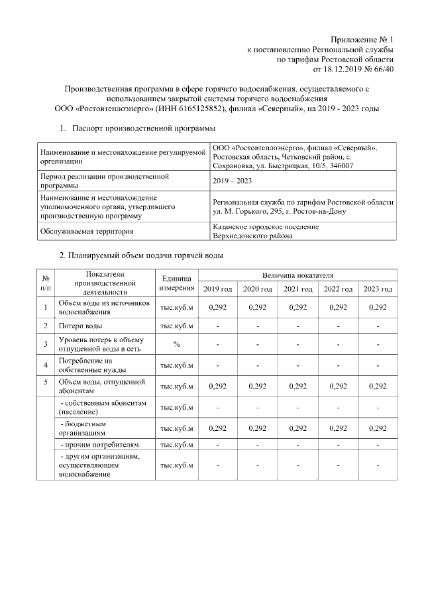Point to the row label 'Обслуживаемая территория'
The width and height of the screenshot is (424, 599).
[87, 231]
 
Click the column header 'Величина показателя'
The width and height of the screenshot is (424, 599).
[297, 274]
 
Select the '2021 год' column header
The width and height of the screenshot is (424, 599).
[297, 289]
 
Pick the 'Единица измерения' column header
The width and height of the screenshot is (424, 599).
[176, 282]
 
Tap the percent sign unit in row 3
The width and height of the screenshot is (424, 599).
[176, 344]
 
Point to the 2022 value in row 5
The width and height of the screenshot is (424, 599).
[337, 386]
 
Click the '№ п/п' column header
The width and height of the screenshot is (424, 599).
[46, 282]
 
